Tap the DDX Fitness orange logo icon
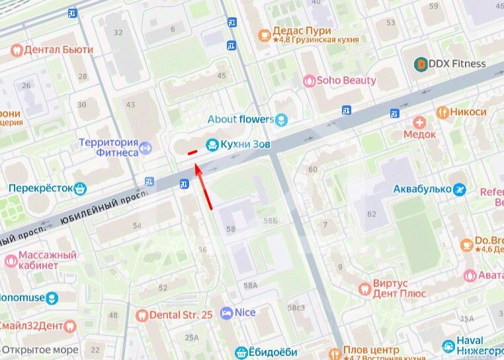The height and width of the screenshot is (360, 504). [420, 64]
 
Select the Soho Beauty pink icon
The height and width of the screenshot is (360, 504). [309, 81]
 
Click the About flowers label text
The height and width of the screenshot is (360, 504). [240, 119]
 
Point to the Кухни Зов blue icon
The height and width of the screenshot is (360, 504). [212, 143]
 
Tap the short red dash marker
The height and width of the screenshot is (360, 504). [192, 153]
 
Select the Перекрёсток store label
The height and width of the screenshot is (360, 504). [39, 188]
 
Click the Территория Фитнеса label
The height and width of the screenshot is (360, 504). [108, 148]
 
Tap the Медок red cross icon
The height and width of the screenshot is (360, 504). [419, 122]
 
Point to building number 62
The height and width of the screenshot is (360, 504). [371, 214]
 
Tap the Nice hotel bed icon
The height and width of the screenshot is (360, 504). [227, 312]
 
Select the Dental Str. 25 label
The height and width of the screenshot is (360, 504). [181, 315]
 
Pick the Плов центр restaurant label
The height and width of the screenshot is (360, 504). [372, 350]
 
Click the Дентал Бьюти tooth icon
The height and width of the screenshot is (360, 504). [17, 50]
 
